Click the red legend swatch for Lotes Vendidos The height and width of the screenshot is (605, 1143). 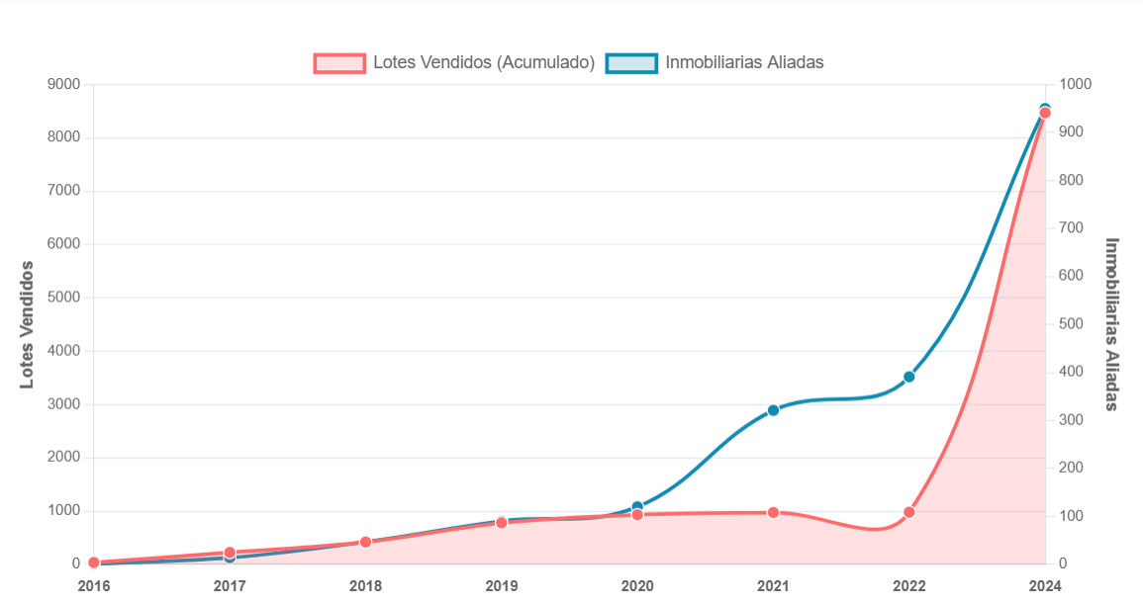(339, 62)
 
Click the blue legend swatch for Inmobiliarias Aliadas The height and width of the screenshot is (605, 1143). (631, 62)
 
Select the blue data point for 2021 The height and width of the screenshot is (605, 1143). (773, 410)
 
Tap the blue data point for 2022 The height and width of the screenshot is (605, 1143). (908, 377)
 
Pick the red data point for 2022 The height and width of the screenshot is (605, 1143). (908, 512)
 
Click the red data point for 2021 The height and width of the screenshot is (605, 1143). (773, 513)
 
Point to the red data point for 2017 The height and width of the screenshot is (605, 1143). (230, 553)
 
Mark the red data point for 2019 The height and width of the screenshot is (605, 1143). (501, 522)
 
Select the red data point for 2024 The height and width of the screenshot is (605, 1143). (1044, 113)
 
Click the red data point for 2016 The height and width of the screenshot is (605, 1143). (94, 562)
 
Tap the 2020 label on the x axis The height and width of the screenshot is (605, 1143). (637, 586)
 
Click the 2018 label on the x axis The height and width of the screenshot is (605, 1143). (365, 586)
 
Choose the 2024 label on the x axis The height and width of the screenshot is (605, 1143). (1044, 586)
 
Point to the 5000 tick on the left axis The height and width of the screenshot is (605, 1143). (63, 298)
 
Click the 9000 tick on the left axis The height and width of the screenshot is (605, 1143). (63, 84)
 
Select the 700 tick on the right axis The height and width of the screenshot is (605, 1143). (1073, 228)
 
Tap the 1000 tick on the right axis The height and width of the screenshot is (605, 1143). (1076, 84)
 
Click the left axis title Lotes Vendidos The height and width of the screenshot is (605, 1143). (28, 324)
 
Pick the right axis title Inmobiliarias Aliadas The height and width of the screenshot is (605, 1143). (1111, 324)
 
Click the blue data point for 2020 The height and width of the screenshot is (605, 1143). (637, 507)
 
